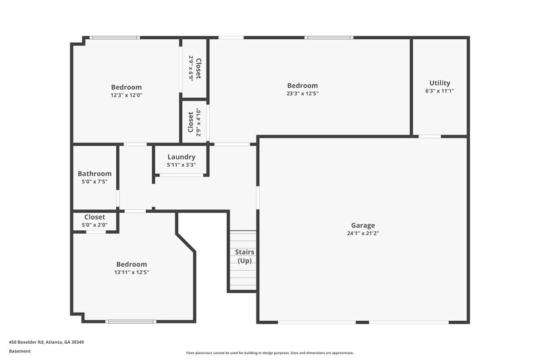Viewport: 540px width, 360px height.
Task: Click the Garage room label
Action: coord(362,226)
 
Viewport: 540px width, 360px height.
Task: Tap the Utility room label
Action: coord(439,83)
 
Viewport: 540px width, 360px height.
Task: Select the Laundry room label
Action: coord(181,157)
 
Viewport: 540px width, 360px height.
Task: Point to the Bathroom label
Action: coord(94,174)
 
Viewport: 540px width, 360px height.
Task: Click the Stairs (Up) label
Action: coord(244,256)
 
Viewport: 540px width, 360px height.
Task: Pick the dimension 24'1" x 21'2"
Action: coord(362,234)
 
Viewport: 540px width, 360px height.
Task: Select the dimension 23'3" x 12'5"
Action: coord(302,94)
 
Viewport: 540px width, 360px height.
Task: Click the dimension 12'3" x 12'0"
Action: coord(126,95)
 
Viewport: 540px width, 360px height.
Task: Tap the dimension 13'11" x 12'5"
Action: coord(131,272)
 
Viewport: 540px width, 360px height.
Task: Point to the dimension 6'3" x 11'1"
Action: coord(439,91)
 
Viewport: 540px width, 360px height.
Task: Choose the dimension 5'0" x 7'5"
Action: coord(94,181)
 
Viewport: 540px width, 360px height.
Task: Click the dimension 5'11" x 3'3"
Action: coord(181,164)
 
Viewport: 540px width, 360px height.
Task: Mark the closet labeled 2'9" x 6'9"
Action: coord(194,69)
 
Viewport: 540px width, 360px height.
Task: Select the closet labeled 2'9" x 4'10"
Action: coord(194,124)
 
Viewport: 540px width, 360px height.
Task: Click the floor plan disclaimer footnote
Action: coord(269,353)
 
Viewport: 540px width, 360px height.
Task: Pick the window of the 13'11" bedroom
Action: coord(126,321)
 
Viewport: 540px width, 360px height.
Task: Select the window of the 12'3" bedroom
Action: coord(115,38)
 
